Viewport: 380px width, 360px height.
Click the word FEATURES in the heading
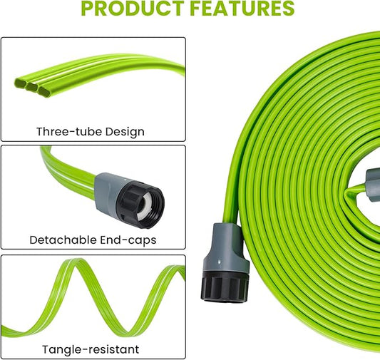click(x=241, y=9)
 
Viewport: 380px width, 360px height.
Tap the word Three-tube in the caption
click(x=69, y=131)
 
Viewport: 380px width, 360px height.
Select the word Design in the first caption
click(x=123, y=131)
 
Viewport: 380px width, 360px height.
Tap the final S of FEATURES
click(x=287, y=9)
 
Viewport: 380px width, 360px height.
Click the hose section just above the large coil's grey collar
click(x=228, y=210)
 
